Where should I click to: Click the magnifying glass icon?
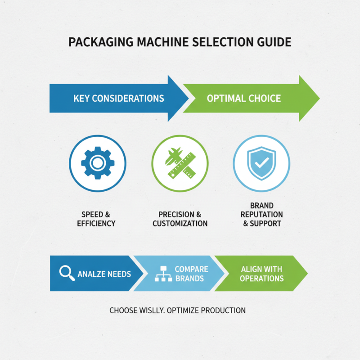67,273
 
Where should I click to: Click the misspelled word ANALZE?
92,274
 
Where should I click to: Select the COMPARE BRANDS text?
191,274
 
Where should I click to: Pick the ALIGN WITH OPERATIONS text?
261,274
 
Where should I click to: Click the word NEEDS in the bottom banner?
119,274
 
